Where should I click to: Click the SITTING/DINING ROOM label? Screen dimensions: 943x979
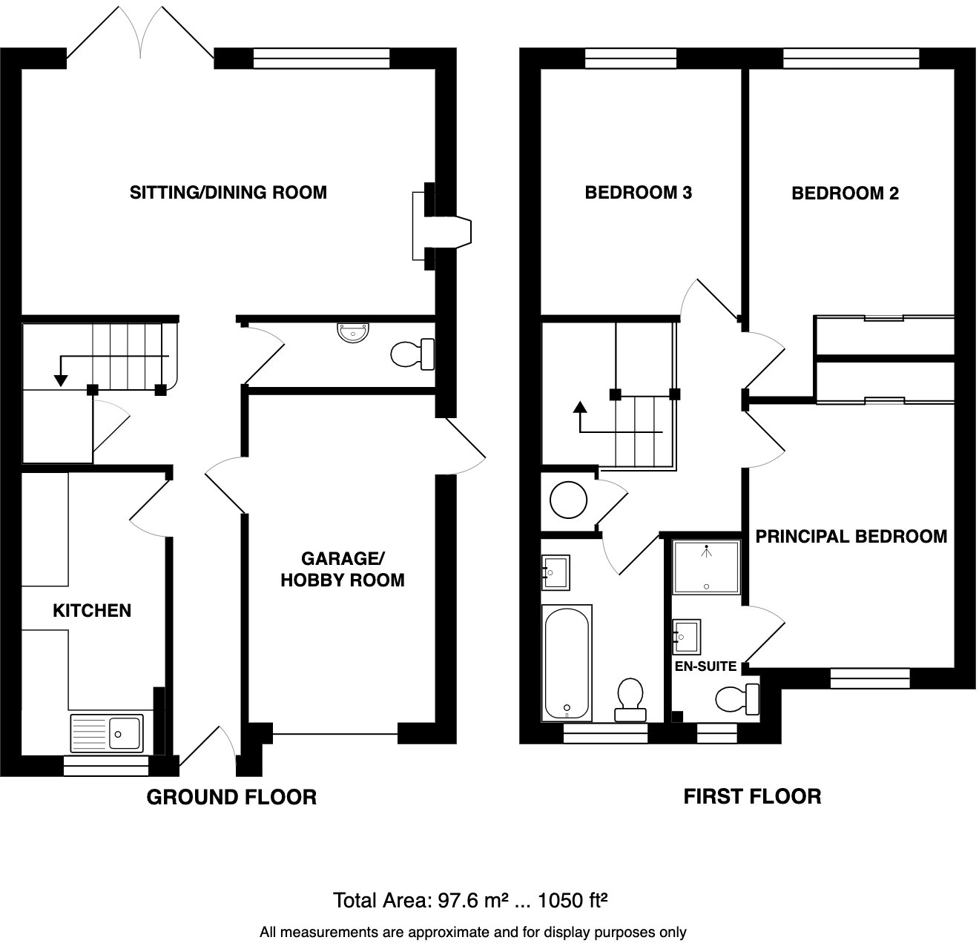228,193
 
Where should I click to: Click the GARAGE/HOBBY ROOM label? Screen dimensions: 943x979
342,569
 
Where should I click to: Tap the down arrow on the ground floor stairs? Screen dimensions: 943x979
61,380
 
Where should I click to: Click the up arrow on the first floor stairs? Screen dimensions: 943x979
580,407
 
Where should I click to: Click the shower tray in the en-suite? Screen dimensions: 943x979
706,567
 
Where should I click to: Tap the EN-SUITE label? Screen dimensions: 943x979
705,666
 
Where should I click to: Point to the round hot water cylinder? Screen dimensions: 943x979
569,501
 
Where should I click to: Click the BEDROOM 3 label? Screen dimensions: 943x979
638,193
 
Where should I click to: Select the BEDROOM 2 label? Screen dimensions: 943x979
845,193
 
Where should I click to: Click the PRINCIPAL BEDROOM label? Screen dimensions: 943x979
851,536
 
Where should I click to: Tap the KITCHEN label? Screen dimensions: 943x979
92,610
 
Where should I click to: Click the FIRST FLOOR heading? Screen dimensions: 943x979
751,797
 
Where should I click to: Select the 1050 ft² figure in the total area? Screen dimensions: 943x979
573,901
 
